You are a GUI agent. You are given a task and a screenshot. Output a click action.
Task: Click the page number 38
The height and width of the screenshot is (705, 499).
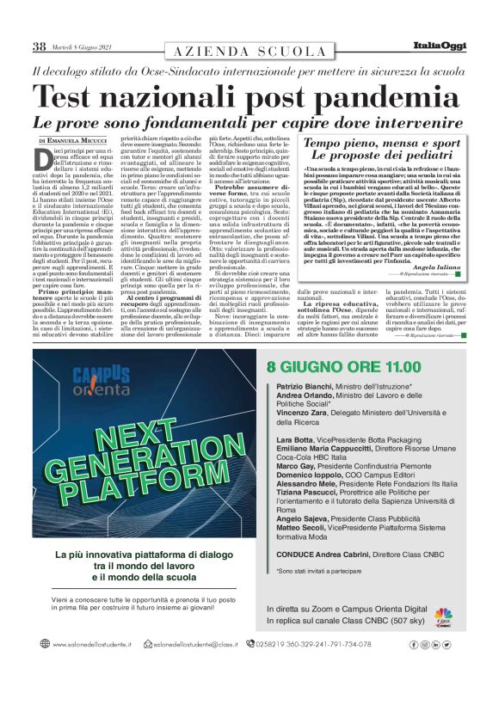pyautogui.click(x=40, y=47)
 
